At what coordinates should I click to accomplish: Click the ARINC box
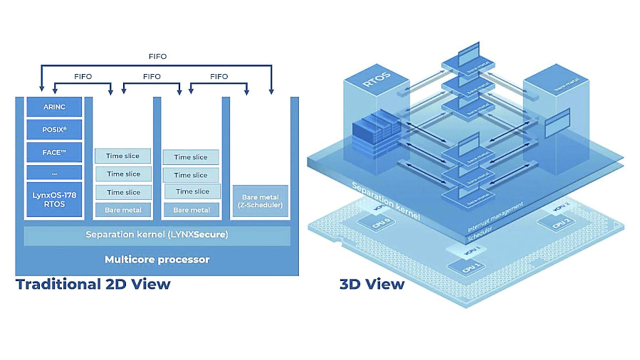[54, 107]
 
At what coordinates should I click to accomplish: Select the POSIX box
[54, 130]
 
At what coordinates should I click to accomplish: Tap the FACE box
[54, 152]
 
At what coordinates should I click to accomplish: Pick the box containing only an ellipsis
[54, 173]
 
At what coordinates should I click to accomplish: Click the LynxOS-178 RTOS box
[54, 199]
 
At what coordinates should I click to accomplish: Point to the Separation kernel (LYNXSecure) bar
[156, 235]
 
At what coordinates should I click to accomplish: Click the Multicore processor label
[156, 259]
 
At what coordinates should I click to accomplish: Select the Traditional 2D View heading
[93, 284]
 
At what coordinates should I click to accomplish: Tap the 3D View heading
[371, 284]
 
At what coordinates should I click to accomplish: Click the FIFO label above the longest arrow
[157, 56]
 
